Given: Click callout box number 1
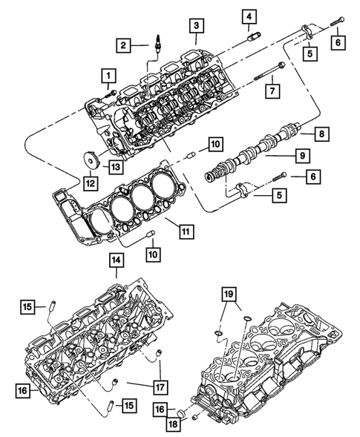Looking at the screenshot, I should pyautogui.click(x=109, y=75).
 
